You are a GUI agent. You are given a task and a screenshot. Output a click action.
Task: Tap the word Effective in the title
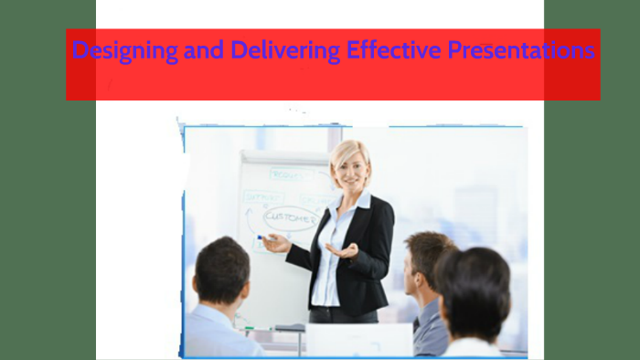[394, 50]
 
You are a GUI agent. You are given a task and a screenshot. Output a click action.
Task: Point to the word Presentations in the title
[520, 50]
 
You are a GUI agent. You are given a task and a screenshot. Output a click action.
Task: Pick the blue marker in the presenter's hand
[261, 238]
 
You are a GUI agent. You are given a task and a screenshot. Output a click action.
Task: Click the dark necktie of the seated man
[417, 324]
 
